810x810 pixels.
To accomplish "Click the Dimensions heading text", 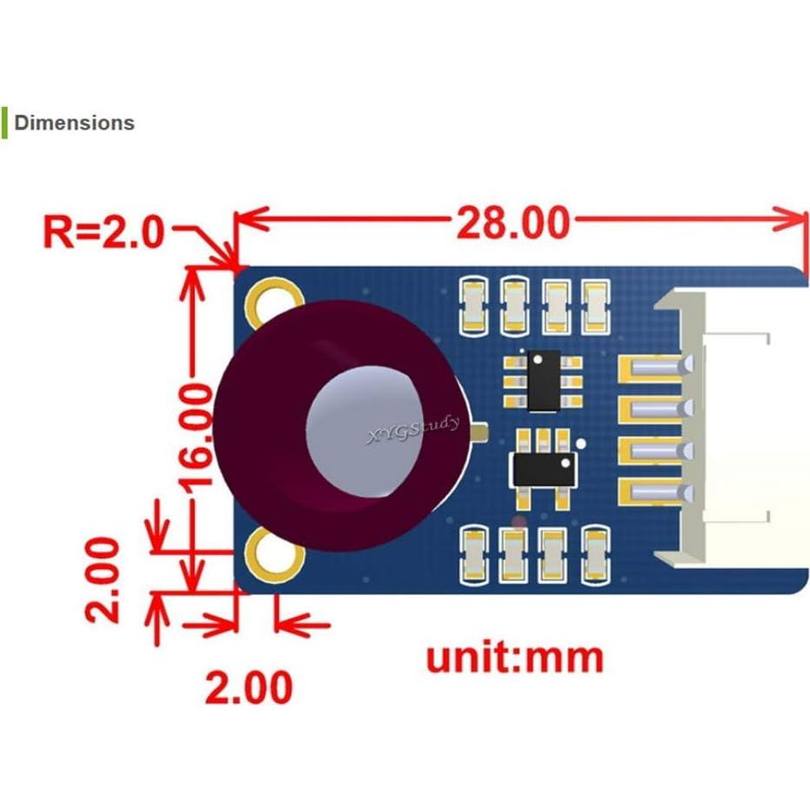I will (74, 123).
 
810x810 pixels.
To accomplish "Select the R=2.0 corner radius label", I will (104, 232).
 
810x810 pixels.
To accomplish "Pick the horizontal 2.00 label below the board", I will (248, 688).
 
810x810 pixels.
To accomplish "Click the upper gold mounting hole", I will (268, 298).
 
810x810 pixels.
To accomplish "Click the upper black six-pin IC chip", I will (546, 379).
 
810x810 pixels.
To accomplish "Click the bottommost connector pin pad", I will (652, 493).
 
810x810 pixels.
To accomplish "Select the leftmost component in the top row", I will (475, 305).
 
